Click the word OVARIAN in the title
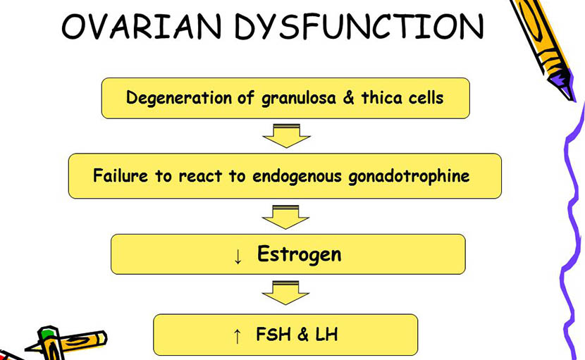click(142, 27)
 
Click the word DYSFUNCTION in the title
click(359, 27)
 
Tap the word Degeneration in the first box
click(179, 99)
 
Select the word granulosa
click(298, 99)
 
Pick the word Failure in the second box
click(121, 175)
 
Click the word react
click(200, 176)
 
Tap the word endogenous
click(297, 176)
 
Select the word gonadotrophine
click(409, 176)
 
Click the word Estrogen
click(300, 254)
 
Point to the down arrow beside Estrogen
click(238, 256)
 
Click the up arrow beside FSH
click(237, 336)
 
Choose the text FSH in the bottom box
click(273, 334)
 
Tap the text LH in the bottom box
click(326, 334)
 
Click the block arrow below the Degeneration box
click(287, 136)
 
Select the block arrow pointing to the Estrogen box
click(285, 217)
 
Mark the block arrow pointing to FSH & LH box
click(285, 293)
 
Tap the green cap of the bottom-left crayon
click(47, 334)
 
